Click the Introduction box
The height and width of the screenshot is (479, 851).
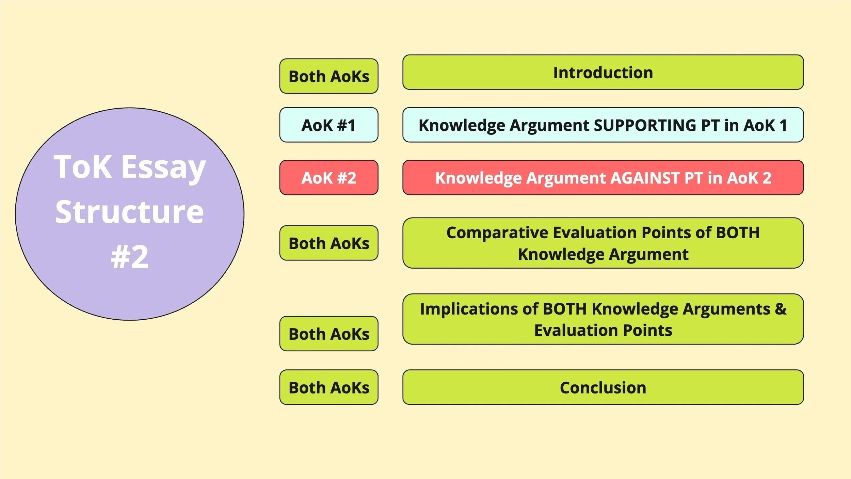603,73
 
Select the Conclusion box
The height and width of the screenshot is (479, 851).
603,387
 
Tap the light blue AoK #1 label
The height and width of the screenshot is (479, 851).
328,125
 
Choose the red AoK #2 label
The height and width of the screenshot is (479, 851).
328,178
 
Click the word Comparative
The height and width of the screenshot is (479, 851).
497,233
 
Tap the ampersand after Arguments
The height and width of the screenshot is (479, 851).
781,309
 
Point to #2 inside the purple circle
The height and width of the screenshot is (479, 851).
130,257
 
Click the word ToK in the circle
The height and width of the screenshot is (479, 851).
83,167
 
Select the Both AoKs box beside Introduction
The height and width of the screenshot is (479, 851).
328,76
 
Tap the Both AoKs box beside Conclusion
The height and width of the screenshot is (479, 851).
328,387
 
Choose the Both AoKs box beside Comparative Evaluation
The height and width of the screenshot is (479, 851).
328,243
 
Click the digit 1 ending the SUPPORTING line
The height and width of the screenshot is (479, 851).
783,125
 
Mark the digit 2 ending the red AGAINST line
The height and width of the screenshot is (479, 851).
767,178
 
